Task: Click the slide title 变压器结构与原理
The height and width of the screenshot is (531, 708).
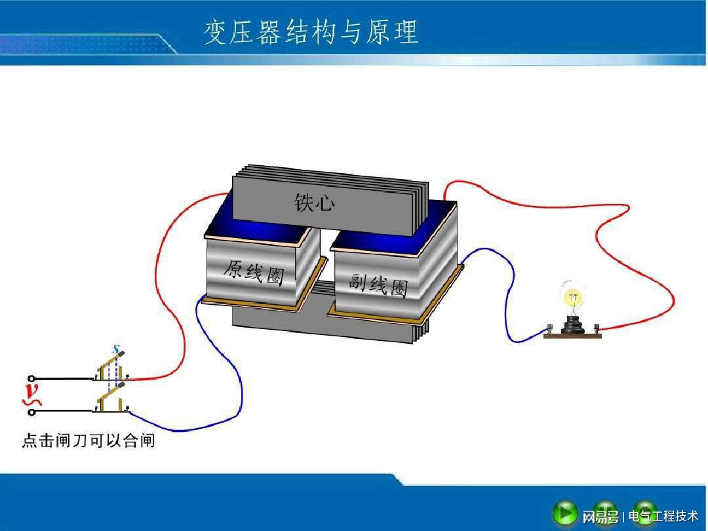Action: coord(311,32)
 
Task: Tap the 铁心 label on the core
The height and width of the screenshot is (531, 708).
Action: coord(315,203)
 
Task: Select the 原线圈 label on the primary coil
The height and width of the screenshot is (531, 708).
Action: coord(254,272)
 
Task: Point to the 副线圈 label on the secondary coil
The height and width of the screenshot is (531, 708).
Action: coord(378,285)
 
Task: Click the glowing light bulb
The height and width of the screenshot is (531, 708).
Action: coord(572,298)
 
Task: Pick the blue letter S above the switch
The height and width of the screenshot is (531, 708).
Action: coord(117,349)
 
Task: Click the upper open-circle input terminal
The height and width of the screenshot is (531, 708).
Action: coord(31,378)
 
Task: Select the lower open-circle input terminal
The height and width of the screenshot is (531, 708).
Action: coord(31,412)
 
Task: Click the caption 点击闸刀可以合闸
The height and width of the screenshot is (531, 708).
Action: coord(88,441)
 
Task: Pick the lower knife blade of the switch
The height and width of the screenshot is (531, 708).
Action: coord(111,393)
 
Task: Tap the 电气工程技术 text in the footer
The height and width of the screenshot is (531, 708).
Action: coord(663,516)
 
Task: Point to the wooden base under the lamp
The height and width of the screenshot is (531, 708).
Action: coord(572,336)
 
